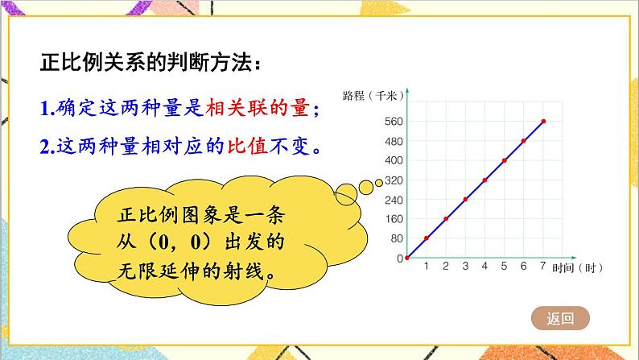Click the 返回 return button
pos(560,318)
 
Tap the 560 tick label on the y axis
pos(394,121)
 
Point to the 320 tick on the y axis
pos(394,180)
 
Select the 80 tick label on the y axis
pos(397,238)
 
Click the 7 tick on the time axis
pos(542,266)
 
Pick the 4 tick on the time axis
pos(484,266)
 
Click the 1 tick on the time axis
pos(427,266)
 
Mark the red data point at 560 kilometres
pos(543,121)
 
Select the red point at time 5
pos(505,160)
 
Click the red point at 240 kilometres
pos(465,200)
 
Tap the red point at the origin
pos(407,258)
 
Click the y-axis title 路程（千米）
pos(373,96)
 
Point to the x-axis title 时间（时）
pos(577,268)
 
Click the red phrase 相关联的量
pos(258,108)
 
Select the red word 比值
pos(247,146)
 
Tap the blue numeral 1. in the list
pos(47,109)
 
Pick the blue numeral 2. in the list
pos(47,147)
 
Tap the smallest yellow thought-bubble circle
pos(378,183)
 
